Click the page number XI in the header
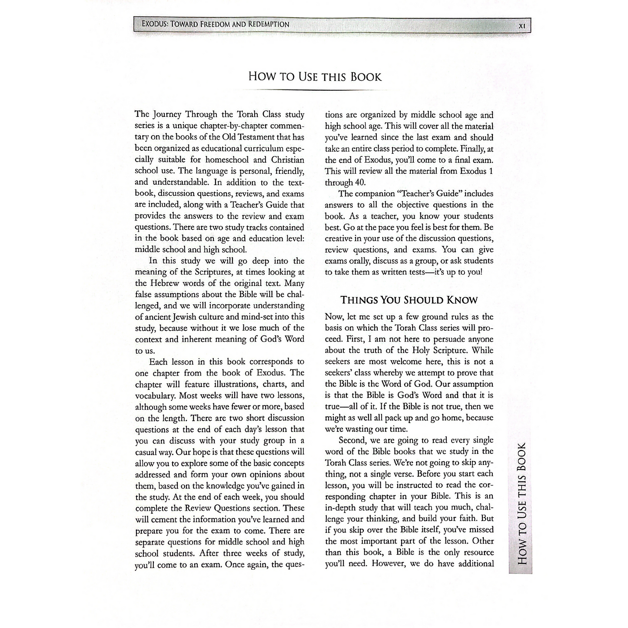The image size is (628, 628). (x=522, y=25)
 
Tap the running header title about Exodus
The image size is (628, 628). (x=215, y=24)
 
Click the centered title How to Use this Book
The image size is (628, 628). (x=315, y=77)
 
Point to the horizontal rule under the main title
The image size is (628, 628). (x=315, y=90)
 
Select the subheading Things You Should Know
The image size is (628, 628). (x=409, y=300)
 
